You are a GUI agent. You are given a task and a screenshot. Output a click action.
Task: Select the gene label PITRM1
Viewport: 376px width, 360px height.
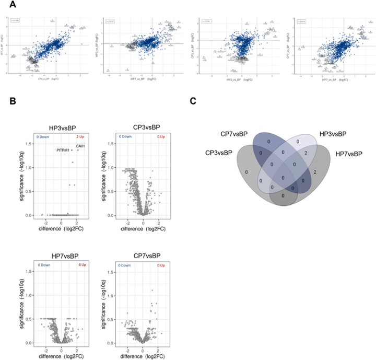60,150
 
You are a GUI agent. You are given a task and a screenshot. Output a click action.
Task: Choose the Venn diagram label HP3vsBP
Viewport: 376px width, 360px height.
327,134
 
